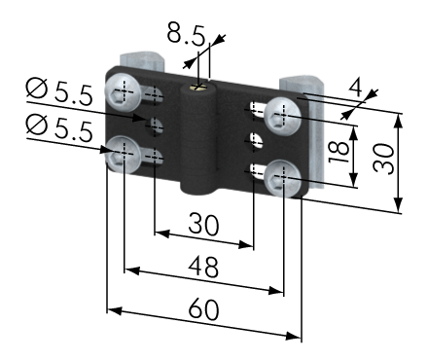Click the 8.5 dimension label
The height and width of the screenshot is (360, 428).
tap(186, 33)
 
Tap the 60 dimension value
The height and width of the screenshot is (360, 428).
tap(203, 309)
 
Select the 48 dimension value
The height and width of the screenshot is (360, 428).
tap(203, 267)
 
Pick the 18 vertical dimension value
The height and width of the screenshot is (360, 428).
tap(339, 153)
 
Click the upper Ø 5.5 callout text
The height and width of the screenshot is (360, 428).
tap(59, 92)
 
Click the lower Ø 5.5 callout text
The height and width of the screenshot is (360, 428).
tap(59, 129)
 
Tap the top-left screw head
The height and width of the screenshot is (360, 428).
tap(123, 92)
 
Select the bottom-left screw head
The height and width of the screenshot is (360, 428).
tap(123, 154)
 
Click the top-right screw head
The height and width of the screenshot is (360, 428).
tap(282, 116)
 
